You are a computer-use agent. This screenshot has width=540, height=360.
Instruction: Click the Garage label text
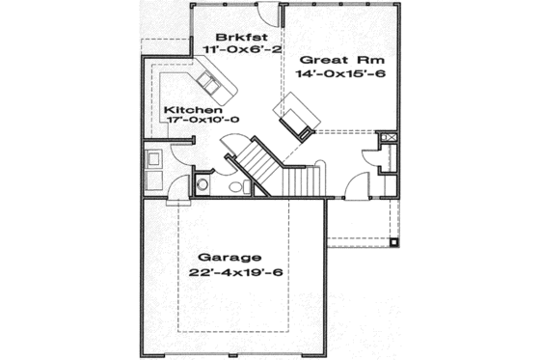(229, 258)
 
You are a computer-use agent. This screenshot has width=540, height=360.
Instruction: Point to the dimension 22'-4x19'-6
(229, 273)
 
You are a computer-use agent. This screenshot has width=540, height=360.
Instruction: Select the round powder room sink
(203, 184)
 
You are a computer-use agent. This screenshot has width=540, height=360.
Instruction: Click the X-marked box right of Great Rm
(389, 138)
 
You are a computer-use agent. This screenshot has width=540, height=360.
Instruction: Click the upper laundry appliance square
(154, 158)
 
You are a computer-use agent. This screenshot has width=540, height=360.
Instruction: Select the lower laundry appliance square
(154, 180)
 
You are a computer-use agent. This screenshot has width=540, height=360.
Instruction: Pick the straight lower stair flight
(301, 179)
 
